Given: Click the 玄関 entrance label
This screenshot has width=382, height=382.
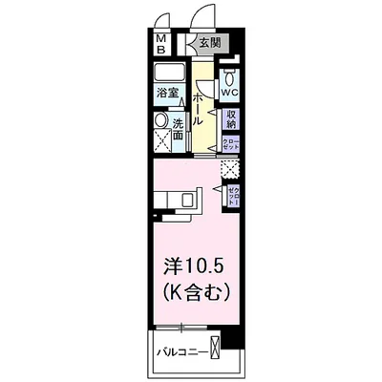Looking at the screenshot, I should pos(209,42).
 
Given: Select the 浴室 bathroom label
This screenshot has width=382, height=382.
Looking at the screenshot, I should pos(168,94).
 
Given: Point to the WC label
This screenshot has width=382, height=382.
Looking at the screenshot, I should pos(229,94).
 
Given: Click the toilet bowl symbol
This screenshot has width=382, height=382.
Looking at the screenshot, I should pos(230,76).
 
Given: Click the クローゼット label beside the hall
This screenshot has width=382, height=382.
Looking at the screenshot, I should pos(230,144).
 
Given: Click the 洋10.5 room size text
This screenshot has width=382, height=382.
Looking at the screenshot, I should pos(192,263).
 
